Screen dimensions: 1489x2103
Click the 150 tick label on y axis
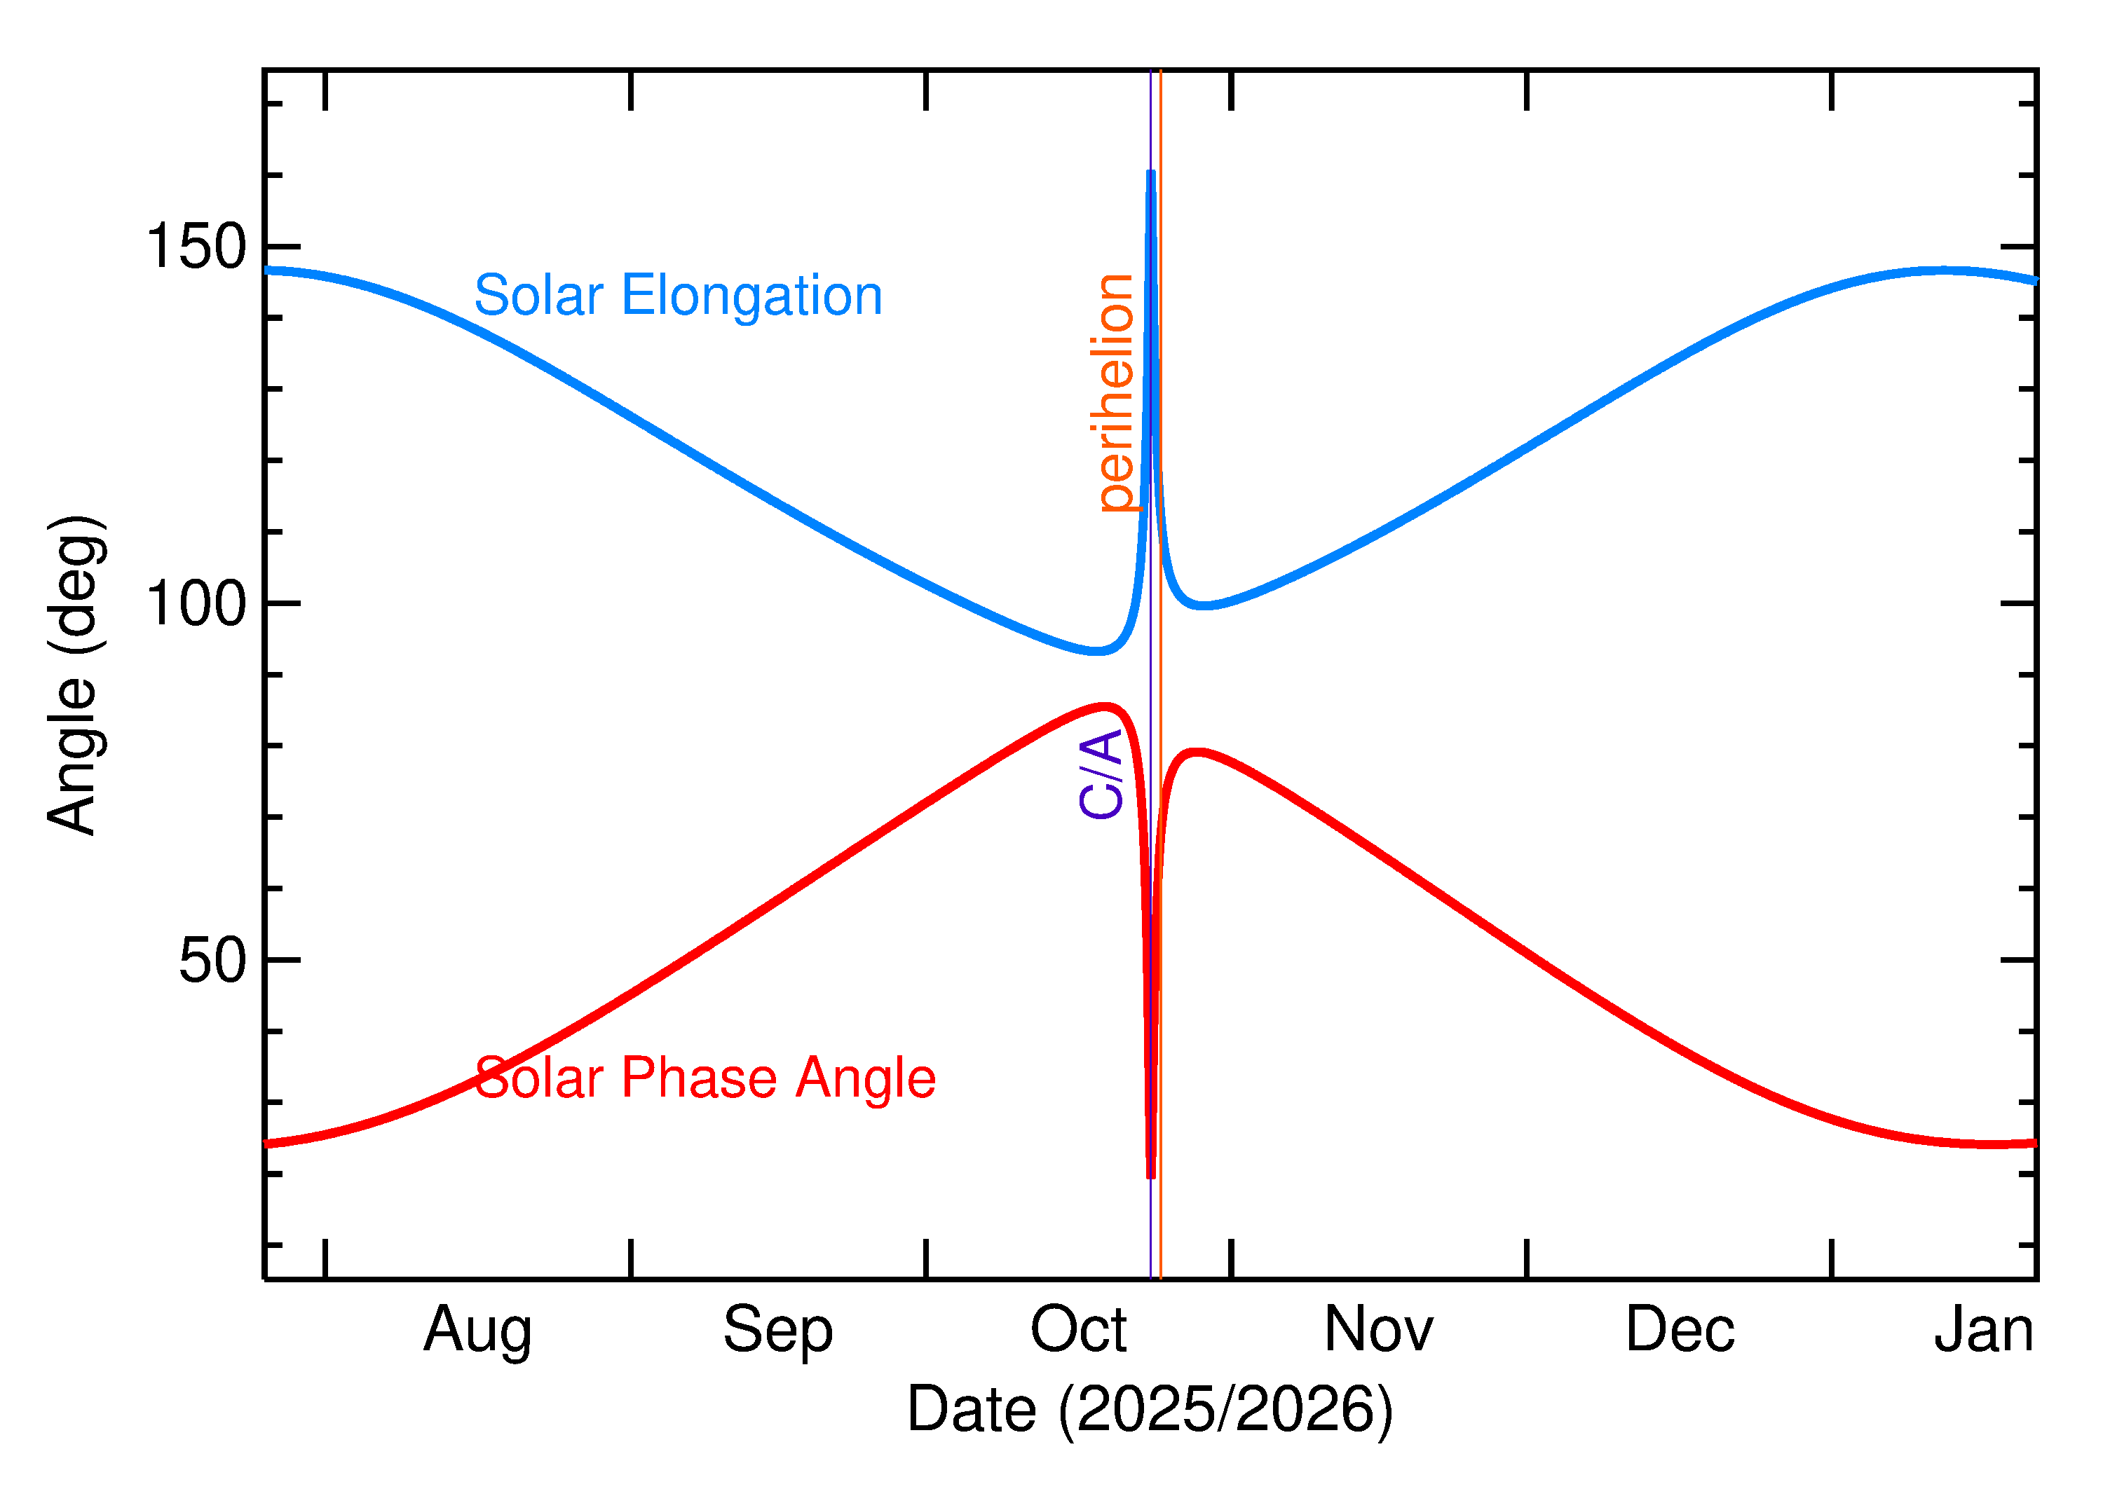196,247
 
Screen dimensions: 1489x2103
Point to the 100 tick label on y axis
196,604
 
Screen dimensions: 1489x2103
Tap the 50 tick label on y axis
213,961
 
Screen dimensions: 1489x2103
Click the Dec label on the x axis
1680,1329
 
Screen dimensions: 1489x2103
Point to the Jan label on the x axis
1984,1329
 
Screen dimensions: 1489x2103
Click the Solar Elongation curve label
678,296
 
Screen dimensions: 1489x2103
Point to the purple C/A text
1101,774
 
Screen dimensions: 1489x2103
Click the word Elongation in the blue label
752,296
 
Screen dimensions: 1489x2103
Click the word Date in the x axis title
972,1409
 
